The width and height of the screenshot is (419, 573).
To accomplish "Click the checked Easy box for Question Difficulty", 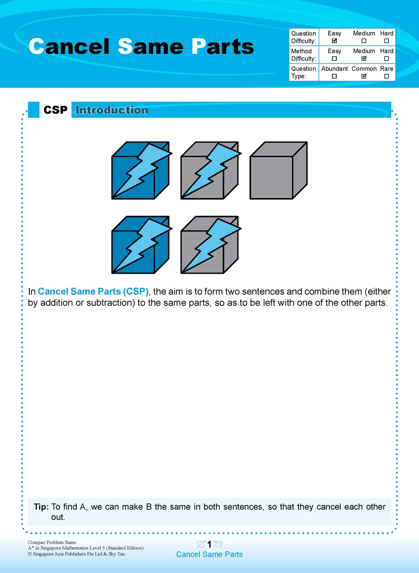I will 334,41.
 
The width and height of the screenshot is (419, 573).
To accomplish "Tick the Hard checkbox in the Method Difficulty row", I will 386,58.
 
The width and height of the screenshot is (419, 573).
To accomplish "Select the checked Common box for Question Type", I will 364,76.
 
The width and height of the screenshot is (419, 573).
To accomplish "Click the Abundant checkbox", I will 334,76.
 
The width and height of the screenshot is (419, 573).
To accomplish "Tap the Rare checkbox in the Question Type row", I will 386,76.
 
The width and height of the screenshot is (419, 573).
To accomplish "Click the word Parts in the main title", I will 222,46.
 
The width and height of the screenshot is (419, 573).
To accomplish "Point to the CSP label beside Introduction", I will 55,110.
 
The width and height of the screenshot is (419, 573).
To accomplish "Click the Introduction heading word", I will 112,110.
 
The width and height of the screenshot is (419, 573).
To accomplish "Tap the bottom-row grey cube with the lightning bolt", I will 209,245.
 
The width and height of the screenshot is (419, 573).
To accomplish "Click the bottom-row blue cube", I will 140,245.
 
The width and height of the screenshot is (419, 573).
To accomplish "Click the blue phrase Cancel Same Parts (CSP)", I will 93,291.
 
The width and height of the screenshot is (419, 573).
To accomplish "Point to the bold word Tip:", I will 41,507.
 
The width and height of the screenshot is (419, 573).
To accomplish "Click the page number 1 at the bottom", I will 209,544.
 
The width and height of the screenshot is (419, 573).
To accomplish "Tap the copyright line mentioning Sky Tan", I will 76,554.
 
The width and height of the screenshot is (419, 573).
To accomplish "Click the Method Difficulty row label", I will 303,55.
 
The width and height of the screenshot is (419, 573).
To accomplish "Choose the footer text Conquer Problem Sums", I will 52,542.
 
